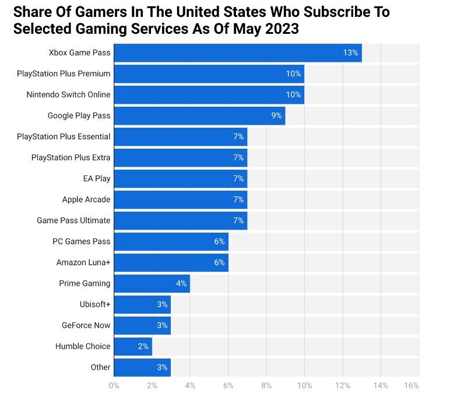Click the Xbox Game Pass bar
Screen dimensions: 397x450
coord(237,52)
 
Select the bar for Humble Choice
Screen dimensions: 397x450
coord(133,346)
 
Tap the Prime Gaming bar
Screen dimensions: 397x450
coord(152,283)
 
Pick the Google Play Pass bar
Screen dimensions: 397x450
coord(199,115)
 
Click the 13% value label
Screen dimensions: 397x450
coord(350,52)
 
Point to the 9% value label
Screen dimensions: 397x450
coord(276,115)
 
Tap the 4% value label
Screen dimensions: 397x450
coord(181,283)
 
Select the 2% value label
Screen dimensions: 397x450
coord(143,346)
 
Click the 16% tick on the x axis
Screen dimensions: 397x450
coord(411,385)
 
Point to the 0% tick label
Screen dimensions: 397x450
coord(114,385)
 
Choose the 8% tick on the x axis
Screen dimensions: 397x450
coord(266,385)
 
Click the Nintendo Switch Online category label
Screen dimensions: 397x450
coord(68,94)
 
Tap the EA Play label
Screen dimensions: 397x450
coord(97,178)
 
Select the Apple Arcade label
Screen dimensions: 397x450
coord(86,199)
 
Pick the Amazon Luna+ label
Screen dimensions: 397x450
coord(83,262)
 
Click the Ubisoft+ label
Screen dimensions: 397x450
coord(95,304)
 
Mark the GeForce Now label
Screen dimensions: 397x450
coord(86,325)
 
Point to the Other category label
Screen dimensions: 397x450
coord(100,367)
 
